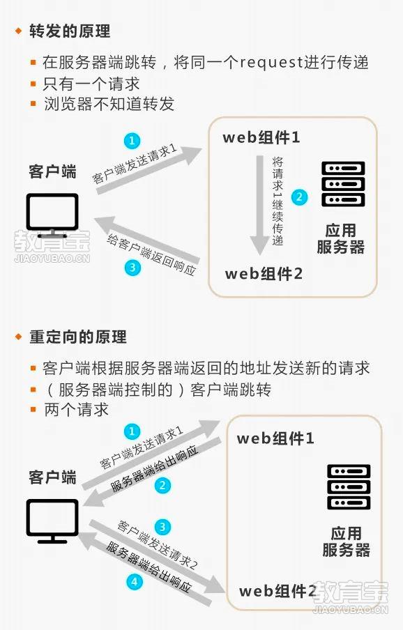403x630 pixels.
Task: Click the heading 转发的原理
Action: [70, 31]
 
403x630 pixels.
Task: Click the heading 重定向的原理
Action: [78, 337]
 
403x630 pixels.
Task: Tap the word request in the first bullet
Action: [272, 63]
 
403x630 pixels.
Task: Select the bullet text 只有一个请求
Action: [91, 84]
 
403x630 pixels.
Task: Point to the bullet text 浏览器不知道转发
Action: [109, 104]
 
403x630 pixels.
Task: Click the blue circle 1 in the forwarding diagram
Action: [132, 141]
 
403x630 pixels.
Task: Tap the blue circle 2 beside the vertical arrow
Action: [299, 197]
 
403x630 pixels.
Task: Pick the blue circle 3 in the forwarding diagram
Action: [132, 267]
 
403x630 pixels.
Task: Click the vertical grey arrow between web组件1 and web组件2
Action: [260, 205]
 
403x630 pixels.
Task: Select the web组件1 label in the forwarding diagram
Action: [261, 137]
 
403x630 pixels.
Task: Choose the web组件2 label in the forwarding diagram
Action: [264, 274]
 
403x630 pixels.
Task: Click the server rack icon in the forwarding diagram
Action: [343, 184]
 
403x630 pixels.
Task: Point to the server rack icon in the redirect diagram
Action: [349, 487]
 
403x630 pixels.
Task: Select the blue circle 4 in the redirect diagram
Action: [135, 581]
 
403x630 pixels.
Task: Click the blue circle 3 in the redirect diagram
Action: [162, 527]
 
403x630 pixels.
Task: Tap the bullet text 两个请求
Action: [76, 409]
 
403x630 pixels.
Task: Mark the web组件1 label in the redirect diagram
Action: [275, 438]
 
